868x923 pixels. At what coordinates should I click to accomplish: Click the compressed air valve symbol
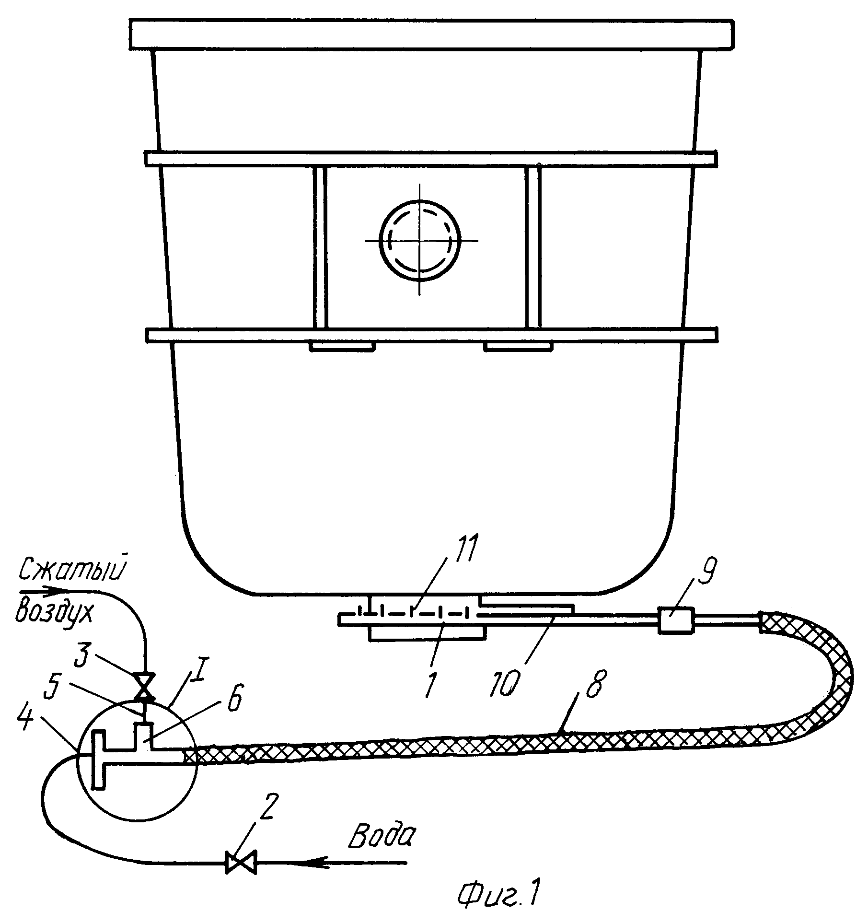pos(145,687)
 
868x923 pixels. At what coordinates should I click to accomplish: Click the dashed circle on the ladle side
pos(420,240)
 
